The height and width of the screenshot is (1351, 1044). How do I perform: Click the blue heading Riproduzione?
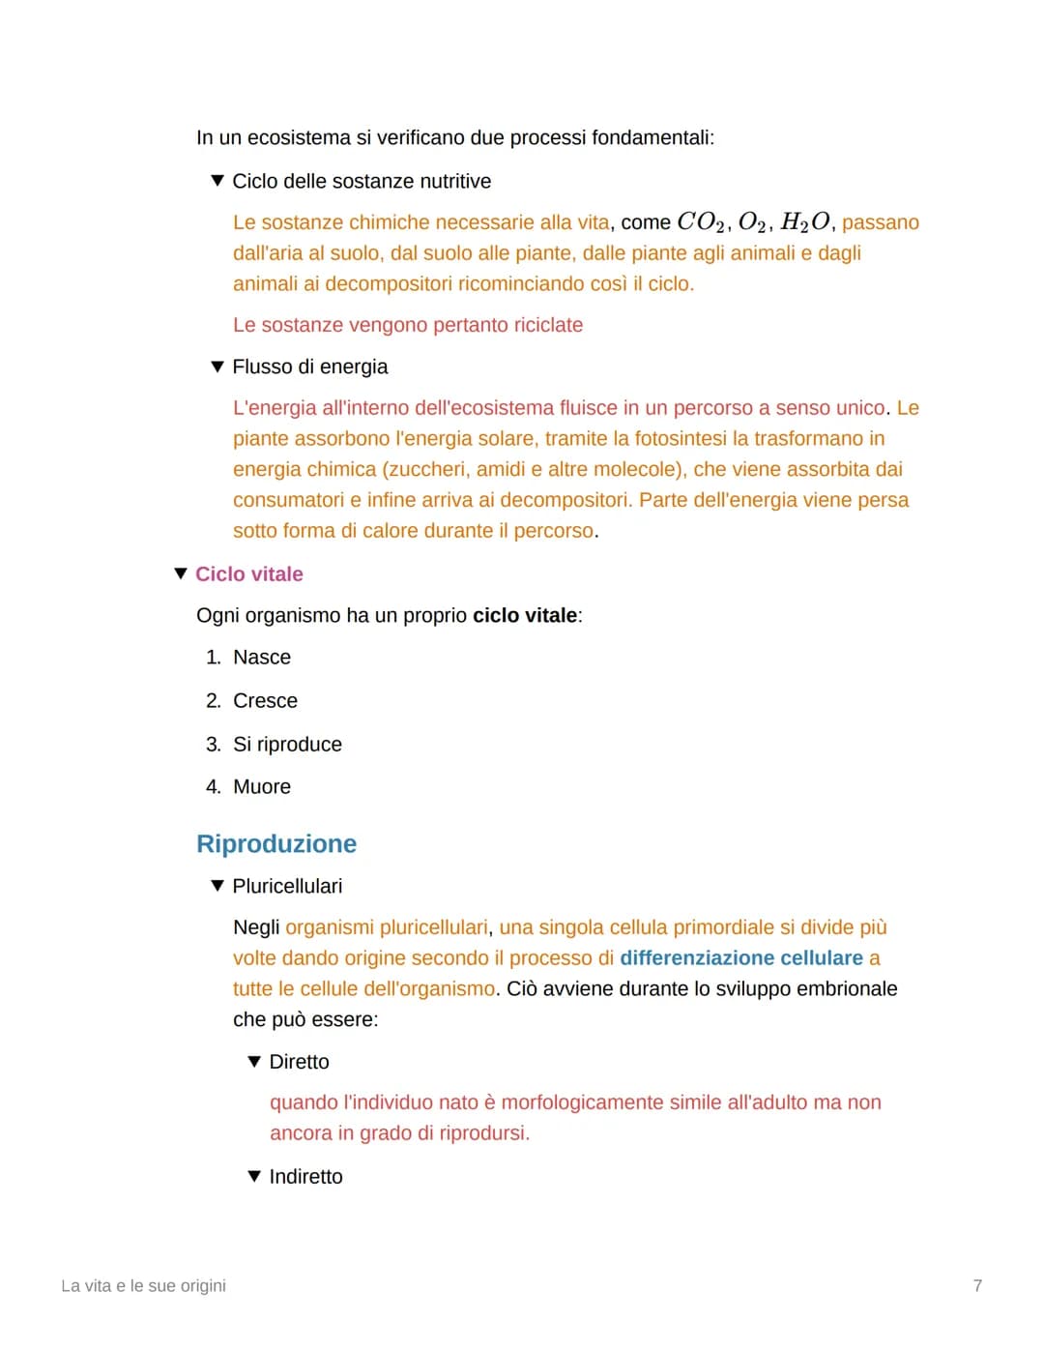[276, 843]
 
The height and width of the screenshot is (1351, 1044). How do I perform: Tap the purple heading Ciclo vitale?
[248, 574]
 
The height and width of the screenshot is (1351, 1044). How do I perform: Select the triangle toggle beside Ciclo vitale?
[180, 574]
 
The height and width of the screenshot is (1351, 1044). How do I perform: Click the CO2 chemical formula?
[701, 222]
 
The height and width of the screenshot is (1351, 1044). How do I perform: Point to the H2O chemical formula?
[804, 222]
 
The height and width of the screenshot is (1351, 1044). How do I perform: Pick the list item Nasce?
[262, 658]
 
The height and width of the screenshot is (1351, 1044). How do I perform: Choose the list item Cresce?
[265, 701]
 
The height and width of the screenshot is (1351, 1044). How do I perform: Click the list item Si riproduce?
[287, 745]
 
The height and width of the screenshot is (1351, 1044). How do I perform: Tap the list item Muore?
[262, 787]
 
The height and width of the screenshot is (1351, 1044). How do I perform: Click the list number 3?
[213, 745]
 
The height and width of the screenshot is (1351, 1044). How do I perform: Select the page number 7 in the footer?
[977, 1285]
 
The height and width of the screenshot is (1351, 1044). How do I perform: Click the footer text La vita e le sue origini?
[143, 1285]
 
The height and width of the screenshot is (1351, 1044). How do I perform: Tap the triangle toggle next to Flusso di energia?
[217, 367]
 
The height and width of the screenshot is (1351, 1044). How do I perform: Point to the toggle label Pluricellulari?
[287, 886]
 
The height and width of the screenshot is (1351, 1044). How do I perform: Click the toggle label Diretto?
[299, 1062]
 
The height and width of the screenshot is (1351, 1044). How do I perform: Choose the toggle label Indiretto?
[305, 1177]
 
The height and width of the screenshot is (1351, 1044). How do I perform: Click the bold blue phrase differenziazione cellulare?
[741, 958]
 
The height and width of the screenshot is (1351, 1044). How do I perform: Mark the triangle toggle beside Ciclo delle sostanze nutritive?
[217, 182]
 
